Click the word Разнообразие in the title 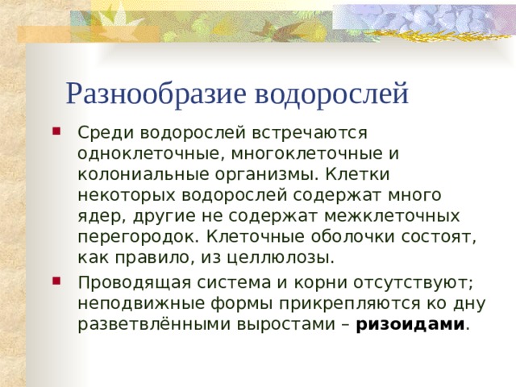[156, 94]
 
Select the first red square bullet [56, 131]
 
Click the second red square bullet [56, 281]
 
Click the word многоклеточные [307, 153]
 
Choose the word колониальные [144, 174]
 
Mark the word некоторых [127, 195]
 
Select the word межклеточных [392, 216]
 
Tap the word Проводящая [135, 283]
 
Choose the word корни [321, 283]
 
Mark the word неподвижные [142, 304]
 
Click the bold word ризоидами [410, 325]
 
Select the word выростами [285, 325]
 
